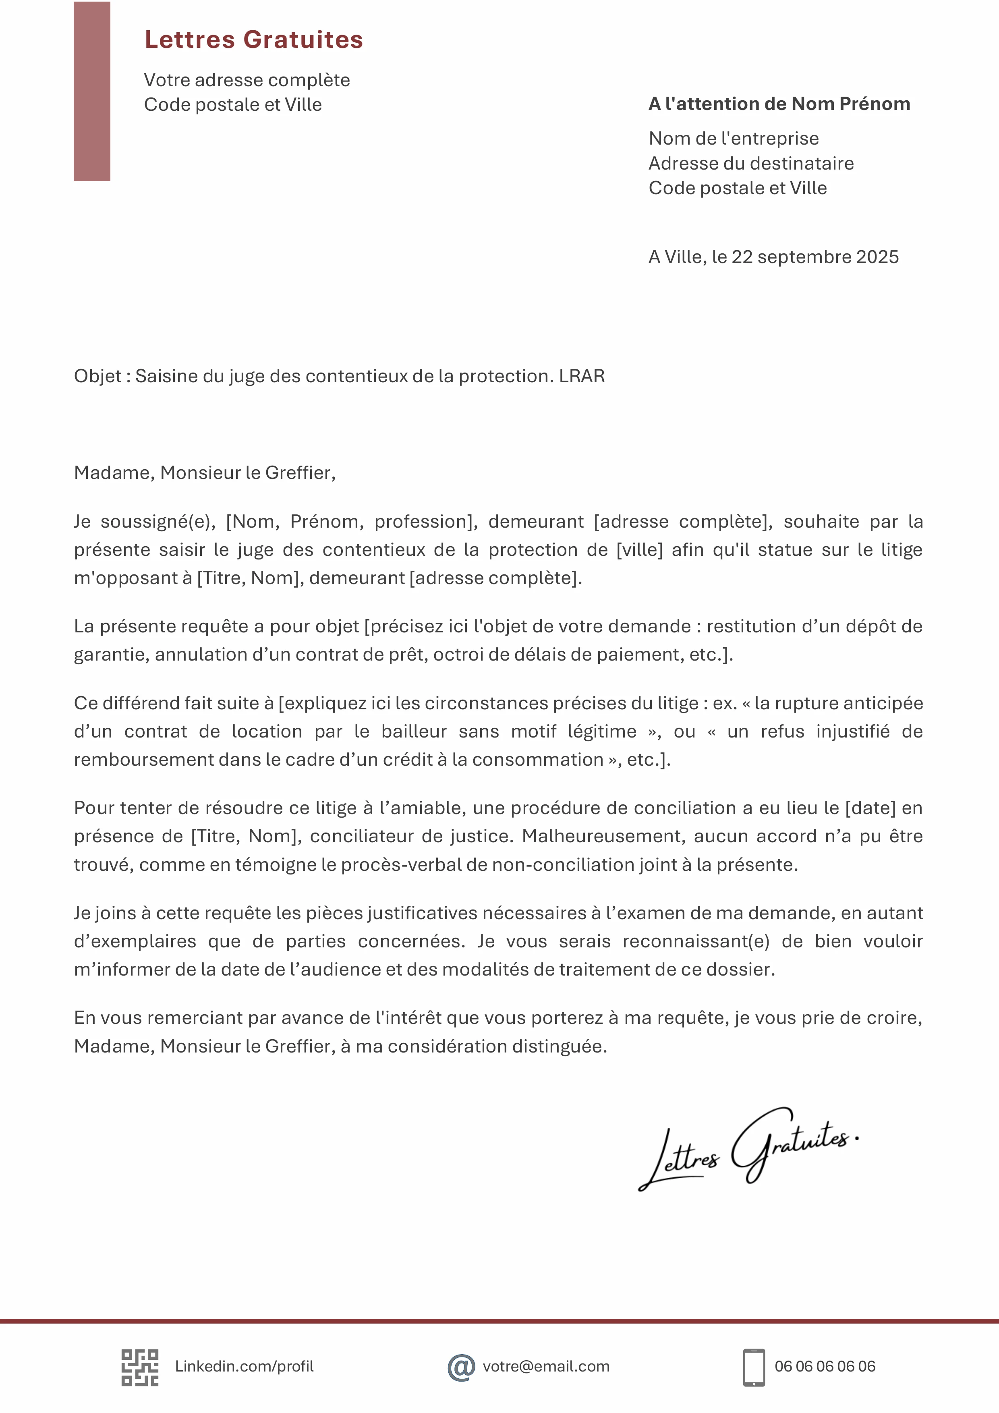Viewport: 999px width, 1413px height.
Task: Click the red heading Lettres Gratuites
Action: coord(254,40)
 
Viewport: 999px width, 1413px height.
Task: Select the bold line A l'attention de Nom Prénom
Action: coord(779,104)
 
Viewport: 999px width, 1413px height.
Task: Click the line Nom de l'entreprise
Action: coord(733,139)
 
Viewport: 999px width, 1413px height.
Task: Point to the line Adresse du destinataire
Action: coord(751,163)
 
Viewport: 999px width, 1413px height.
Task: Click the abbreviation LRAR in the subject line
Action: coord(582,376)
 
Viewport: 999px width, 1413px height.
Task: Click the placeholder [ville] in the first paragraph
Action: coord(640,549)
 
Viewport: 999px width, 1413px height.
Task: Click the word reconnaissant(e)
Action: coord(696,941)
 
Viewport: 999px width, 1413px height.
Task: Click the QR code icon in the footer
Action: coord(140,1367)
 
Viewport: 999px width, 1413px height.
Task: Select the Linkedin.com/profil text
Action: coord(245,1366)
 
